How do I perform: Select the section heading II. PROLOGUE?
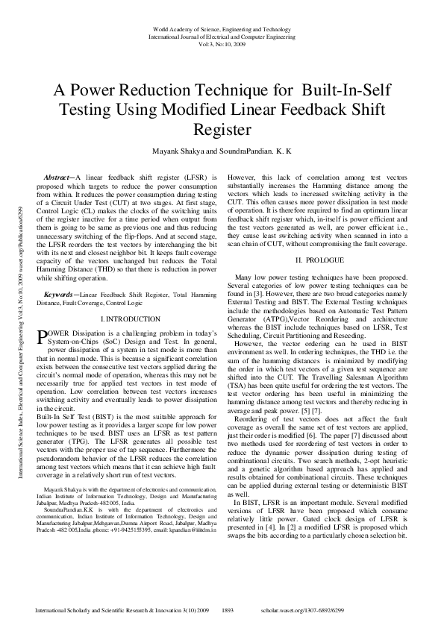tap(319, 260)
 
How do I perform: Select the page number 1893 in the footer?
tap(232, 609)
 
